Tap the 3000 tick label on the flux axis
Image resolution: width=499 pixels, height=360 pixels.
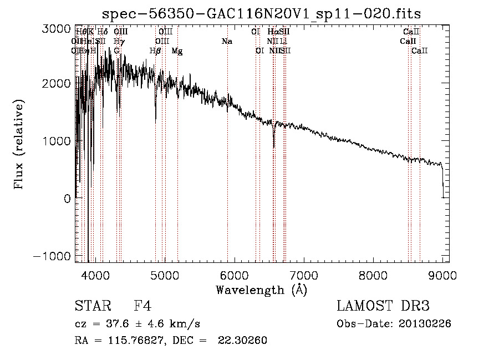[x=57, y=29]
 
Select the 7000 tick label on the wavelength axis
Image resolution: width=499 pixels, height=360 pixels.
[x=303, y=275]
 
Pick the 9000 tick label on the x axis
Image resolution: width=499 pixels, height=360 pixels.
[x=442, y=275]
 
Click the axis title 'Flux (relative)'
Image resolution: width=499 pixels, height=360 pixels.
[x=19, y=145]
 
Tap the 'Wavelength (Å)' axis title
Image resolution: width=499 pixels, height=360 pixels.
[x=261, y=290]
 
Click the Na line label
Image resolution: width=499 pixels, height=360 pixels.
[x=226, y=42]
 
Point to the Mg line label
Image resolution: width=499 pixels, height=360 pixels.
[x=177, y=51]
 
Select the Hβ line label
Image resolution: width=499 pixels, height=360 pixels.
[x=155, y=51]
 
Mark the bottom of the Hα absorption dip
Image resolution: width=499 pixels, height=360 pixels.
[x=274, y=147]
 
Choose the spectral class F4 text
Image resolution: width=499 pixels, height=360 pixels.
[x=142, y=306]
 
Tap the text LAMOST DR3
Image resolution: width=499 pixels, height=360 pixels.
[x=383, y=306]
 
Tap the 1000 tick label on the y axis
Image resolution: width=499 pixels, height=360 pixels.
[x=57, y=141]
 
